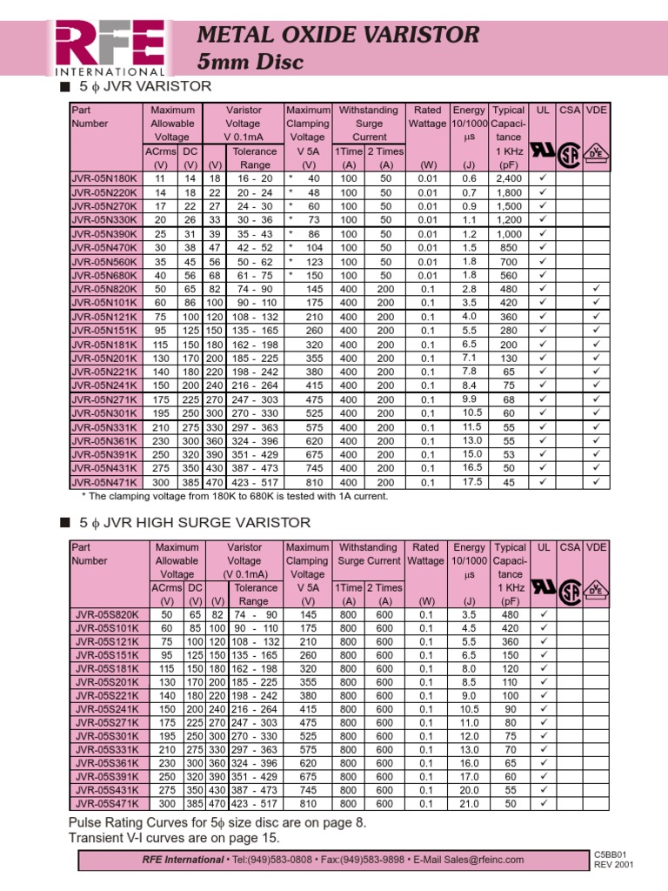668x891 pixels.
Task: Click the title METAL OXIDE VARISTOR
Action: tap(338, 35)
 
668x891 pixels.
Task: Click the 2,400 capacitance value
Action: tap(509, 178)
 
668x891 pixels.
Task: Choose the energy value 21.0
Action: tap(470, 804)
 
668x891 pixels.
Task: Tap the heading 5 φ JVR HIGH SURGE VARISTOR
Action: tap(195, 523)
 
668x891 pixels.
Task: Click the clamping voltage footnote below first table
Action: tap(234, 496)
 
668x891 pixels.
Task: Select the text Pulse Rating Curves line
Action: tap(217, 822)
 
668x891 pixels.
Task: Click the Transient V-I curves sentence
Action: tap(174, 838)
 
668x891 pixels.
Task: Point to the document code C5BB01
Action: tap(611, 855)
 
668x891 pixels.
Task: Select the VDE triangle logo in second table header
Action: tap(597, 589)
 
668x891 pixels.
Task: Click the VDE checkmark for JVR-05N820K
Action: tap(597, 288)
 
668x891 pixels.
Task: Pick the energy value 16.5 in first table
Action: tap(471, 467)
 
